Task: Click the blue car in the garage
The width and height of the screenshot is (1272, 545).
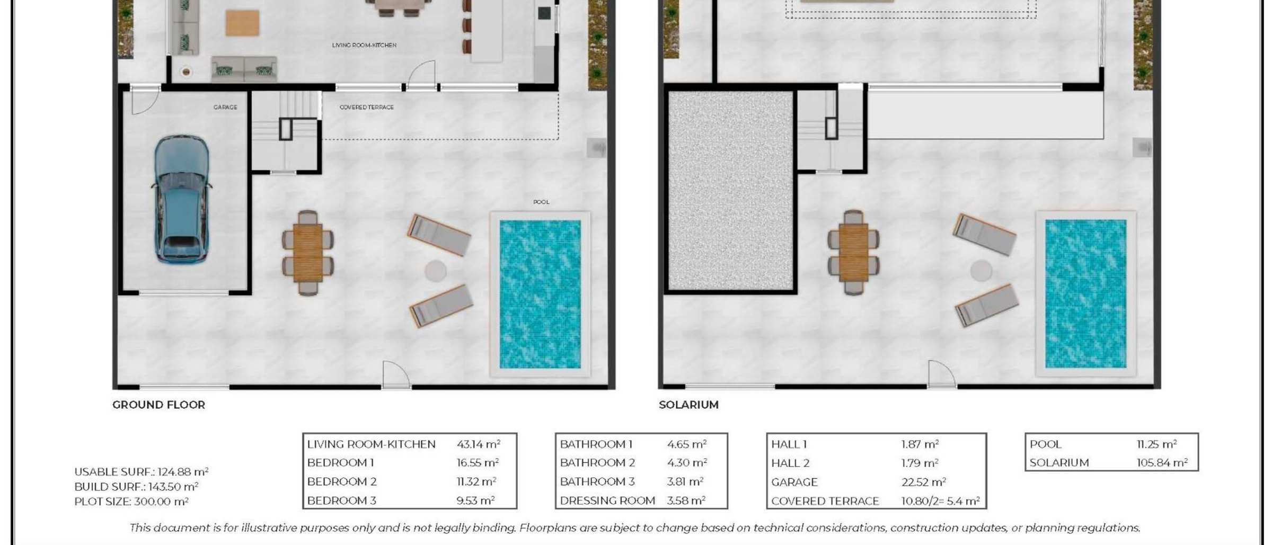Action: pos(182,199)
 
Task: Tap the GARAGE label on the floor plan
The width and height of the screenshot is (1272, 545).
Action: pos(225,108)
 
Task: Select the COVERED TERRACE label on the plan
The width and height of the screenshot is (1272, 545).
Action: pos(367,108)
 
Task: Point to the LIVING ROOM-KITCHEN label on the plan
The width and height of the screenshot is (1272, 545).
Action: pos(364,46)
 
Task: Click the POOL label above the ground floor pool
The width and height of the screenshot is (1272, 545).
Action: pos(541,202)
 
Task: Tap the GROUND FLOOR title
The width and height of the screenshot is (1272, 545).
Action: pos(158,405)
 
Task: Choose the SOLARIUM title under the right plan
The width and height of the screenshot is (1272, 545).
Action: pos(688,405)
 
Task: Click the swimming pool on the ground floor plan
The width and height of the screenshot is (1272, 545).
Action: pos(540,294)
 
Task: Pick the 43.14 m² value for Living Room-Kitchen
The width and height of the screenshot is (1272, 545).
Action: pos(479,444)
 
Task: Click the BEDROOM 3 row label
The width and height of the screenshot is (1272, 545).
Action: pos(342,501)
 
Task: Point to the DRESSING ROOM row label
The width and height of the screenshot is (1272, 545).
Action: pos(607,501)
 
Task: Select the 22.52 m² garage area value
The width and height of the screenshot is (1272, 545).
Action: pos(924,482)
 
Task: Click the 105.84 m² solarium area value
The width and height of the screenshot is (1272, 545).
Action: pos(1162,462)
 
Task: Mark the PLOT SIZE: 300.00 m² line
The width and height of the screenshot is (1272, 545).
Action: pos(131,502)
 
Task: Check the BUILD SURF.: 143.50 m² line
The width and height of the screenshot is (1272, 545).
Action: pos(136,487)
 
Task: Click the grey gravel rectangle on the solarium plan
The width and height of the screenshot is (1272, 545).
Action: pos(730,191)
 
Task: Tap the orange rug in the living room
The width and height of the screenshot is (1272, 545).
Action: pos(242,23)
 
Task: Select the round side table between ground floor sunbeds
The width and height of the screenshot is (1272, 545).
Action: pos(436,271)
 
